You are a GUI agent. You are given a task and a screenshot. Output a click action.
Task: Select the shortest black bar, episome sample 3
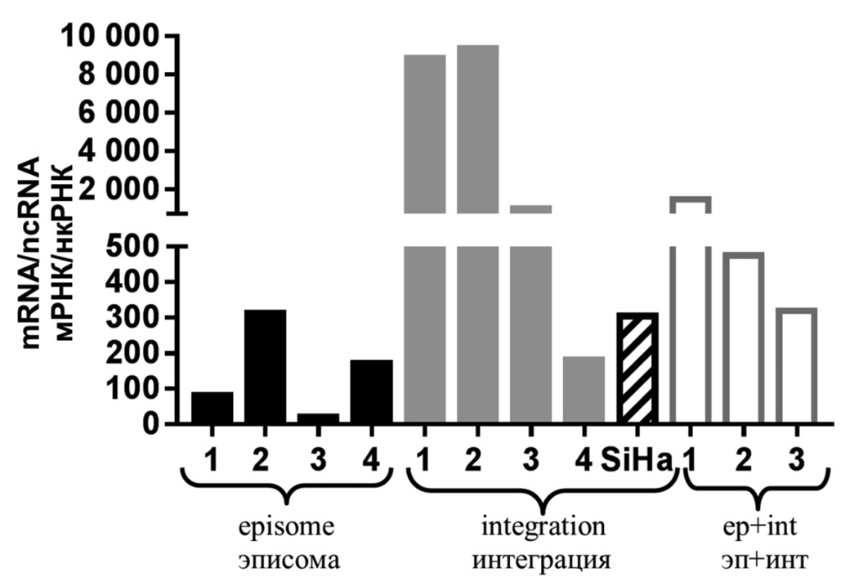coord(319,418)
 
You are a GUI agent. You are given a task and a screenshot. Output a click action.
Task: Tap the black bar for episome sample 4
coord(372,391)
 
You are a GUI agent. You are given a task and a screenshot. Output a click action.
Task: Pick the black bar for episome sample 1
coord(212,408)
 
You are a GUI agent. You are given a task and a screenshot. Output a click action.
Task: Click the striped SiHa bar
coord(637,368)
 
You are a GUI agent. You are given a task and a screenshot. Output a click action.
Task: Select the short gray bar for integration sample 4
coord(584,390)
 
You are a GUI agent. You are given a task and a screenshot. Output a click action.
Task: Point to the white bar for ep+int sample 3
coord(797,365)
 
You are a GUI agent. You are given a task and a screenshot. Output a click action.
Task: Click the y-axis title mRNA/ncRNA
coord(34,253)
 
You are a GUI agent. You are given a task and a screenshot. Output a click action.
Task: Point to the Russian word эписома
coord(289,561)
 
